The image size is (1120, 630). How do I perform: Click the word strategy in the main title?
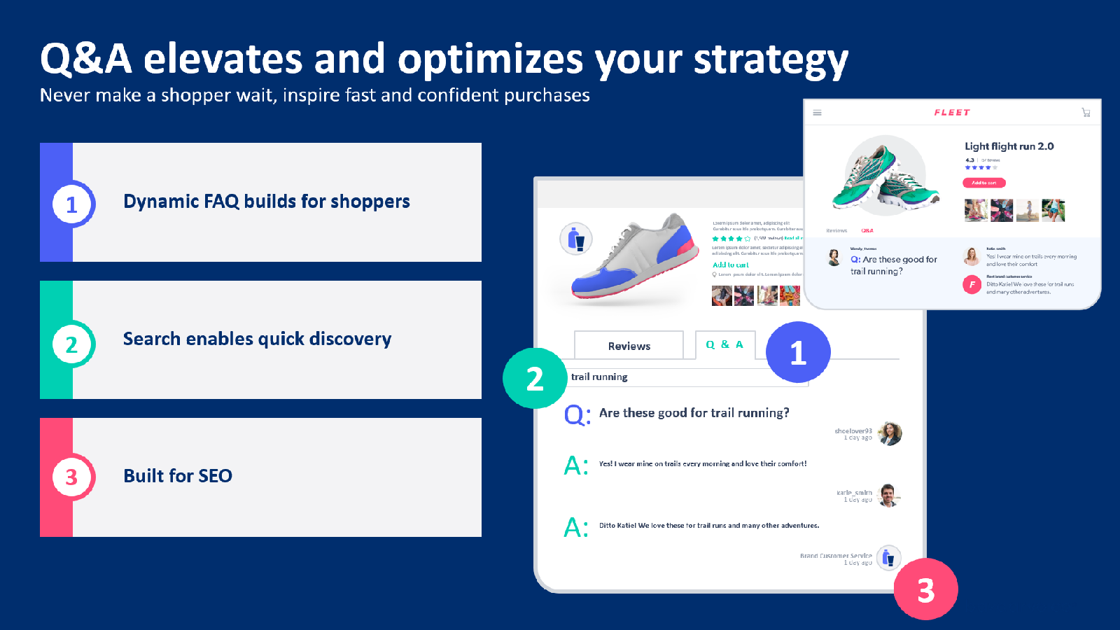point(770,60)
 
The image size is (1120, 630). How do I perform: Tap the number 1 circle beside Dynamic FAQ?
point(72,204)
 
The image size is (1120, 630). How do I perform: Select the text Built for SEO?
point(178,476)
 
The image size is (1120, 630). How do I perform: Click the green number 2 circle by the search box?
point(535,379)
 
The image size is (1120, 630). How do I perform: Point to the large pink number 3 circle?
point(925,590)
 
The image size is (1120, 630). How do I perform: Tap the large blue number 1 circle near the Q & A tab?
point(798,353)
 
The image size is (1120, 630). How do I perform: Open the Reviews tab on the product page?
point(629,346)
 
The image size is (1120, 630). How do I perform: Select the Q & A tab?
point(724,345)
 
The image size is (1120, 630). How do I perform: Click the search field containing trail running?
point(686,377)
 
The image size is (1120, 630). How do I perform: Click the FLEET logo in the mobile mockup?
point(952,112)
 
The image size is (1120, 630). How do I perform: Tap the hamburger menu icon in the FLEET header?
point(817,113)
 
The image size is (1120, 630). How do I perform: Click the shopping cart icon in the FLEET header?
point(1086,113)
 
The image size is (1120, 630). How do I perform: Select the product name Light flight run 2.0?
point(1009,146)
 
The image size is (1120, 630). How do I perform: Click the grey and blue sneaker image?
point(630,259)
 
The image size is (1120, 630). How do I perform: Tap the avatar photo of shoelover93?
point(890,433)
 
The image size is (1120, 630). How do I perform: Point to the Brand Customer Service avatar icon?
point(888,558)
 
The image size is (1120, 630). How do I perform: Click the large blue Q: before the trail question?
point(577,414)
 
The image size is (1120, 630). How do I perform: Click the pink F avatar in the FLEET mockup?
point(972,285)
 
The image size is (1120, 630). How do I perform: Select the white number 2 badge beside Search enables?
point(72,344)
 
